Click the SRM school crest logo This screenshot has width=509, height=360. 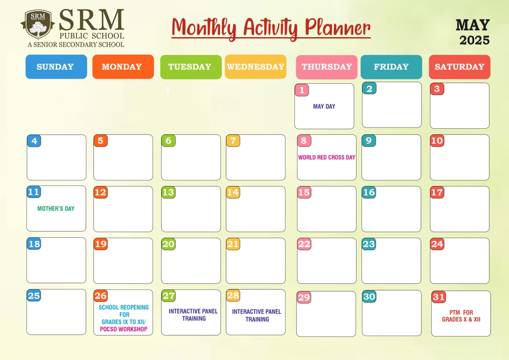point(38,24)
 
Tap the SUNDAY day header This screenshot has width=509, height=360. point(56,67)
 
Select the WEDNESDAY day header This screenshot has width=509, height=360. point(256,67)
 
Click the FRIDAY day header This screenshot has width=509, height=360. point(391,67)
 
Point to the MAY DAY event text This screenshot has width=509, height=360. point(324,106)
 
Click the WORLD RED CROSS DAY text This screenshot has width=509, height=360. point(327,157)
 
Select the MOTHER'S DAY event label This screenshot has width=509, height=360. point(56,209)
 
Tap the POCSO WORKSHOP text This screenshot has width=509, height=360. point(124,329)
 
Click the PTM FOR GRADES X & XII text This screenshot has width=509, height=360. point(461,316)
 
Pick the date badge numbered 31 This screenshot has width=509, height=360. point(438,297)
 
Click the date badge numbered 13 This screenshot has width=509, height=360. point(168,192)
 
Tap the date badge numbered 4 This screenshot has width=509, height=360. point(34,141)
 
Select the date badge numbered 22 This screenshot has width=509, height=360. point(304,244)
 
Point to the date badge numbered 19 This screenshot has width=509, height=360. point(100,244)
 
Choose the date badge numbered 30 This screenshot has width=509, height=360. point(369,296)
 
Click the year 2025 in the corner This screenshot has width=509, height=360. point(474,40)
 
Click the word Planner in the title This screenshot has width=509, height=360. point(338,28)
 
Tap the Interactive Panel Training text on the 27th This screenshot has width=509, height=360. point(193,315)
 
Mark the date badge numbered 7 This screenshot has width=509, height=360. point(233,141)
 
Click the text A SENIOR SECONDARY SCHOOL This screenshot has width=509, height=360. point(76,44)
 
